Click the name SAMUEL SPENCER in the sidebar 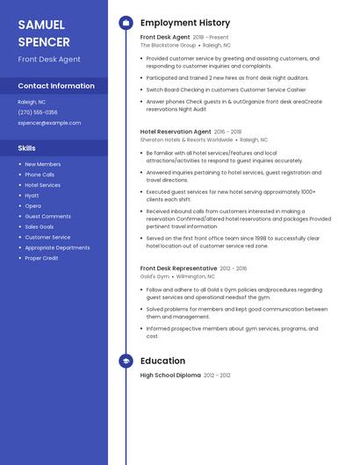[44, 32]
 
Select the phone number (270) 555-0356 [38, 112]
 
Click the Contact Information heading [56, 86]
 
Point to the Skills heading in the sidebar [26, 148]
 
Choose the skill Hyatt [32, 195]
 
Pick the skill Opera [32, 205]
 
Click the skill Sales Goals [40, 226]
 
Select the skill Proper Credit [41, 258]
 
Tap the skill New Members [42, 164]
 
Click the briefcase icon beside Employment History [126, 23]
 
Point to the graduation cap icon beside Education [126, 361]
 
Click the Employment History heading [185, 23]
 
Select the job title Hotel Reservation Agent [176, 131]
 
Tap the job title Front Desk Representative [178, 268]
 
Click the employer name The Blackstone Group [168, 45]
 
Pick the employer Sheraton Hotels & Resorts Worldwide [186, 139]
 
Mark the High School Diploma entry [170, 375]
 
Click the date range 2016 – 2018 [227, 131]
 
